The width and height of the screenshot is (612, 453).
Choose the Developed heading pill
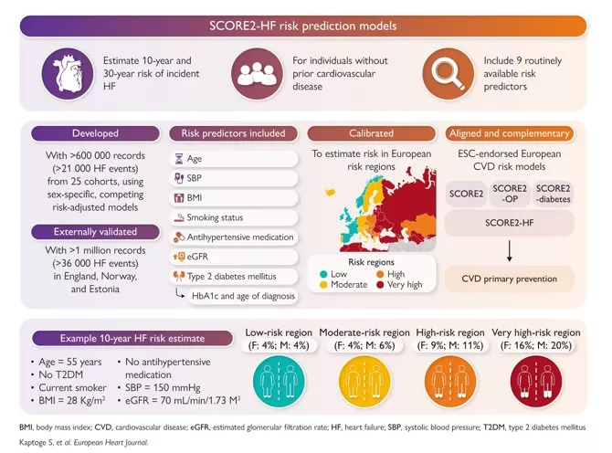pos(89,134)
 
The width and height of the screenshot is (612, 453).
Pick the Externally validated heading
pos(89,233)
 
